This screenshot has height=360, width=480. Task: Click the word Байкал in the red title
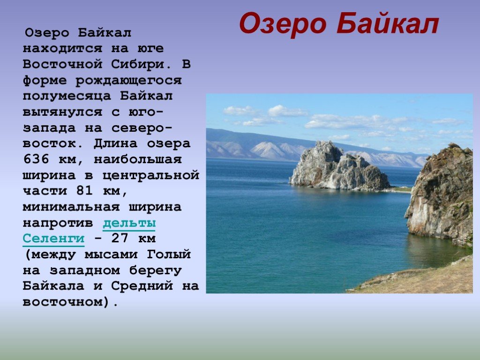click(388, 24)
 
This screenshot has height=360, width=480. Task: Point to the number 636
click(36, 159)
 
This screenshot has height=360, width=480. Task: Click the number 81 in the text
click(84, 191)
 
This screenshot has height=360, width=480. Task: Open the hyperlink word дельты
click(129, 223)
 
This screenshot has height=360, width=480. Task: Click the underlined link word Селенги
click(53, 239)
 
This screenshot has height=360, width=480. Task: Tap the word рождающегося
click(128, 81)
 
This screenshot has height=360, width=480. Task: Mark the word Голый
click(169, 255)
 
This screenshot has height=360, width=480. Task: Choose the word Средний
click(142, 286)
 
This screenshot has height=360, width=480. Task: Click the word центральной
click(150, 176)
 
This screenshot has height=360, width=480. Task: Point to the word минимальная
click(71, 207)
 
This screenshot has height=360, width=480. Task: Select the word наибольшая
click(137, 159)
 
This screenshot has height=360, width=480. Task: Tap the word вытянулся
click(62, 112)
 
